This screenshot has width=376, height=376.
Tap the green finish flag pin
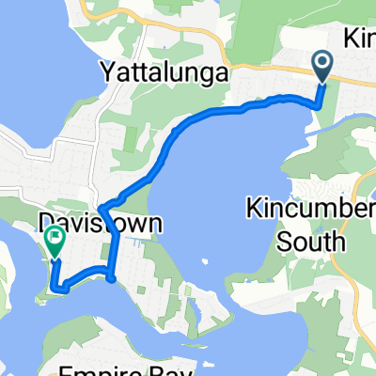(54, 243)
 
